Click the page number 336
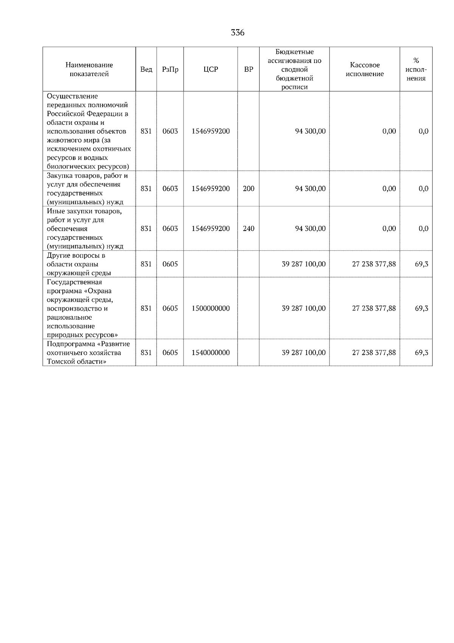pyautogui.click(x=238, y=33)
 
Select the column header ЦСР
pyautogui.click(x=210, y=69)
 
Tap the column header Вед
pyautogui.click(x=146, y=69)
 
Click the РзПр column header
pyautogui.click(x=170, y=69)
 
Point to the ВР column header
pyautogui.click(x=249, y=69)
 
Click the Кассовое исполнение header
pyautogui.click(x=364, y=69)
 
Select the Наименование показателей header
pyautogui.click(x=89, y=69)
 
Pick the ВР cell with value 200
pyautogui.click(x=249, y=189)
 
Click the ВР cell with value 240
pyautogui.click(x=249, y=228)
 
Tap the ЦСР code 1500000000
pyautogui.click(x=210, y=308)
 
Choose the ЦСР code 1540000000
pyautogui.click(x=210, y=353)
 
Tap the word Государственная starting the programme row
pyautogui.click(x=75, y=282)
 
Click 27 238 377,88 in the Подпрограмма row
pyautogui.click(x=374, y=353)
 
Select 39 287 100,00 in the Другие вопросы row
pyautogui.click(x=303, y=264)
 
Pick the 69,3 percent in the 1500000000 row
pyautogui.click(x=421, y=308)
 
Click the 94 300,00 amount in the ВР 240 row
pyautogui.click(x=310, y=228)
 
